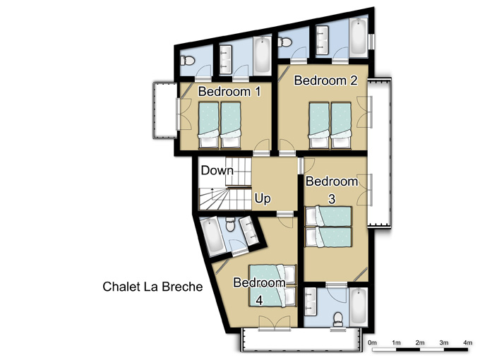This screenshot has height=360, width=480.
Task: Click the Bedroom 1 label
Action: [229, 92]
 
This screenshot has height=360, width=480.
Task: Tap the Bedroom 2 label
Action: [325, 80]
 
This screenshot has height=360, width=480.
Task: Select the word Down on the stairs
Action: [217, 170]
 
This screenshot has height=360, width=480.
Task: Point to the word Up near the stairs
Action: [263, 198]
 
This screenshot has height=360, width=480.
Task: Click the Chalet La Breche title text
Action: [152, 287]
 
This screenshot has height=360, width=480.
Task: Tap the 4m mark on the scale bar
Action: [467, 342]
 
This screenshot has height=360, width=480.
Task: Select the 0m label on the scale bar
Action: [372, 342]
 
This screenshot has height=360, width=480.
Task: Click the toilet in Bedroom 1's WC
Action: [187, 60]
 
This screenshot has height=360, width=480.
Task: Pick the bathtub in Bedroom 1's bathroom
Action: [262, 55]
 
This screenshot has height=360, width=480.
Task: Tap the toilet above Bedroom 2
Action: [284, 42]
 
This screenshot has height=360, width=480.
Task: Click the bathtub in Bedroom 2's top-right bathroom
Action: [359, 36]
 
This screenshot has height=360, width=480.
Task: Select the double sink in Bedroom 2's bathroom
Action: [323, 39]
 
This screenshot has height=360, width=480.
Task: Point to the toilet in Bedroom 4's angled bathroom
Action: [230, 224]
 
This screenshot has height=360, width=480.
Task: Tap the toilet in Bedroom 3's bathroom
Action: [338, 319]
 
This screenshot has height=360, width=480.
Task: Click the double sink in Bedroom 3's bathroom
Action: [311, 301]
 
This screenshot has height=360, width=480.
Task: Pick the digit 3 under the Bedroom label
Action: [332, 199]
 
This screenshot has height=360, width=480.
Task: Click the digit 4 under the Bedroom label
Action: [259, 300]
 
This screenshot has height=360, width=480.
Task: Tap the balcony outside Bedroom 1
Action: [164, 110]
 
